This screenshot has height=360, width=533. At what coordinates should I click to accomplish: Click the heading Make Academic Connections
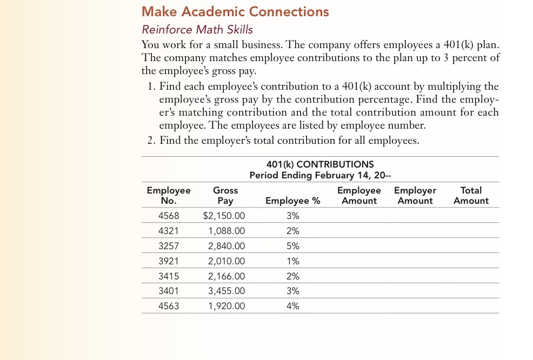235,11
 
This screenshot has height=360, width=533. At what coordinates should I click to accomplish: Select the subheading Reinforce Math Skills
197,29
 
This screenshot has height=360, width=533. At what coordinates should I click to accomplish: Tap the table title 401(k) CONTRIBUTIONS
320,164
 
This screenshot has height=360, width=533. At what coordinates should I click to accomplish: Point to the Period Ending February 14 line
320,175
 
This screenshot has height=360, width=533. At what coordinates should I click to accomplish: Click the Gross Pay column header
225,195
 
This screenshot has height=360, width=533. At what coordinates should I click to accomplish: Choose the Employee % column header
292,201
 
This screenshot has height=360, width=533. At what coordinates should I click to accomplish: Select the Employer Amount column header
415,195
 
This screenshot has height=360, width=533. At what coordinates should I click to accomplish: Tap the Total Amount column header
471,195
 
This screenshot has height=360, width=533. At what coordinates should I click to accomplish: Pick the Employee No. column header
169,195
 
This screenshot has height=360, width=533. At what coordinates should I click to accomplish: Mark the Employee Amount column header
359,195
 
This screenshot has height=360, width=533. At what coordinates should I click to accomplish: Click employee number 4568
169,216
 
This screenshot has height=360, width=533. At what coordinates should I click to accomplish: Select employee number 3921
169,261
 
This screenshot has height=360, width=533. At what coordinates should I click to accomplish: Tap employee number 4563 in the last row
169,306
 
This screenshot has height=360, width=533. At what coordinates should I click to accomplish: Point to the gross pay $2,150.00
224,216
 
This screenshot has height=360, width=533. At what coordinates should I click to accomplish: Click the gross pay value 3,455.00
226,291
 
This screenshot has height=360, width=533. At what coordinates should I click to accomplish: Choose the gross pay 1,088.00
226,231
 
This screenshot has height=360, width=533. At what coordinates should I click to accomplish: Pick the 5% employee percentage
292,246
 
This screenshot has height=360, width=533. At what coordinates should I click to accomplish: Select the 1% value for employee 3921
292,261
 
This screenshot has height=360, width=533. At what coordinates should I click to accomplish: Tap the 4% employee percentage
292,306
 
